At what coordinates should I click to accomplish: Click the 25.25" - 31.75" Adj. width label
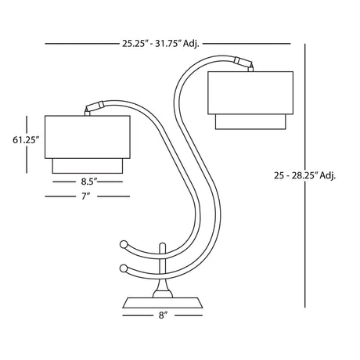[160, 44]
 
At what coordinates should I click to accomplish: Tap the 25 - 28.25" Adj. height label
[304, 175]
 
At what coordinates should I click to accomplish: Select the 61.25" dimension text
[26, 140]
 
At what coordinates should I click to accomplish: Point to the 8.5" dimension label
[88, 182]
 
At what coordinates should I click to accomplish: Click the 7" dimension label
[85, 196]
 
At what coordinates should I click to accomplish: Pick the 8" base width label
[163, 315]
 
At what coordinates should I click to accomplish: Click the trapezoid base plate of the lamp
[163, 303]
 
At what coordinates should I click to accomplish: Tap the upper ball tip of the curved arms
[123, 244]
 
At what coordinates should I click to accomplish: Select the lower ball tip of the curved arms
[123, 268]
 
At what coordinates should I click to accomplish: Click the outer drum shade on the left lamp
[88, 137]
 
